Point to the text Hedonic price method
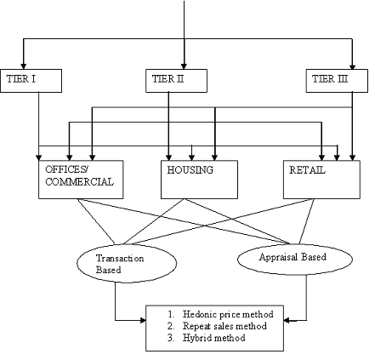[x=228, y=314]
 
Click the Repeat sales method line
[x=217, y=326]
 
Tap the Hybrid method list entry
[x=206, y=338]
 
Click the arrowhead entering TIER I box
[x=24, y=66]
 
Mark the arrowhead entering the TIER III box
[x=352, y=66]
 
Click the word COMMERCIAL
[x=79, y=181]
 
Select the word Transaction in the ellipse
[x=120, y=259]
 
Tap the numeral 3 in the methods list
[x=170, y=338]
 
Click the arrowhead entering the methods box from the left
[x=143, y=321]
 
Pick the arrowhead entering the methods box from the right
[x=287, y=321]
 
